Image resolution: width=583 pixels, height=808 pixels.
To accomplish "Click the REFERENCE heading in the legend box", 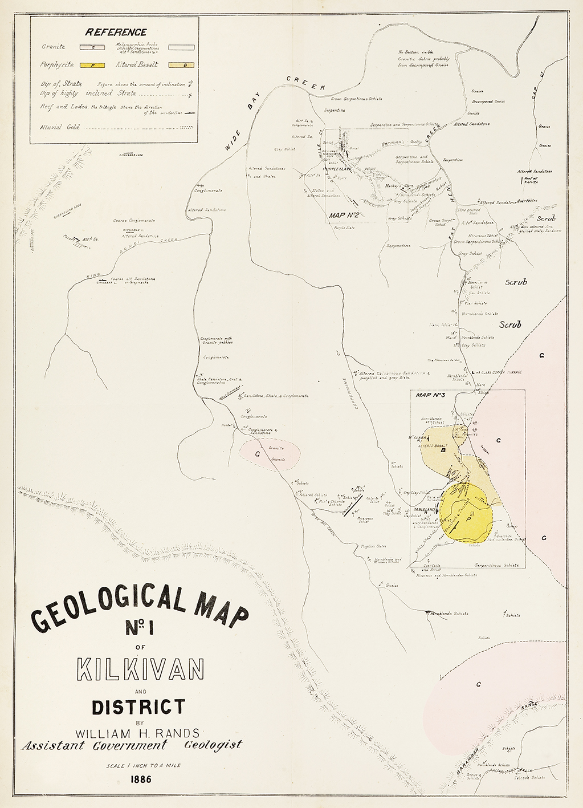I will click(x=116, y=33).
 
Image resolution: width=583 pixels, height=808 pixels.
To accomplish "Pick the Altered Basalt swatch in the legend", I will click(x=182, y=65).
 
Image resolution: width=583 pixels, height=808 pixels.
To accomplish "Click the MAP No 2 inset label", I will click(x=344, y=216).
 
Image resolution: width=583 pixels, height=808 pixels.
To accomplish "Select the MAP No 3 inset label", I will click(x=430, y=395).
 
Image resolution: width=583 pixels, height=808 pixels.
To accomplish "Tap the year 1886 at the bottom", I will click(x=140, y=779).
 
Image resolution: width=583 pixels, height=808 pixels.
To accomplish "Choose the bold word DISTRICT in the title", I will click(x=138, y=707).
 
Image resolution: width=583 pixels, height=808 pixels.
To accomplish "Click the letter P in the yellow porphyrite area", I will click(x=468, y=520).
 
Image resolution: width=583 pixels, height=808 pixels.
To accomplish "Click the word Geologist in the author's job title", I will click(x=213, y=745).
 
